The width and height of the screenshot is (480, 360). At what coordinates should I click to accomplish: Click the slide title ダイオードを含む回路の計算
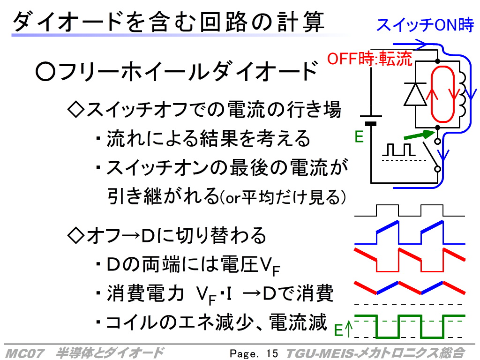click(x=168, y=22)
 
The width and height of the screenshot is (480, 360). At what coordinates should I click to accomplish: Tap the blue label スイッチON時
click(x=425, y=25)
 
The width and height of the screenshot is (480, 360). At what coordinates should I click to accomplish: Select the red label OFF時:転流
click(x=370, y=59)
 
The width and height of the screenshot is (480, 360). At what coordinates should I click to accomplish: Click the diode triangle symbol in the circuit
click(x=415, y=94)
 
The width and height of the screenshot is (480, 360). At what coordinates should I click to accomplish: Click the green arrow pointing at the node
click(x=419, y=135)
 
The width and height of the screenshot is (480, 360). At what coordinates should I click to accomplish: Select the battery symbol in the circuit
click(x=371, y=120)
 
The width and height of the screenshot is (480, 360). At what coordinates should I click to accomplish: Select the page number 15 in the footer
click(x=272, y=353)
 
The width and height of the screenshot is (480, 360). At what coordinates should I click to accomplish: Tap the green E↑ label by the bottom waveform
click(x=343, y=330)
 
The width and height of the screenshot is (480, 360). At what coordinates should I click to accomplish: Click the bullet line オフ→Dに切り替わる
click(x=166, y=235)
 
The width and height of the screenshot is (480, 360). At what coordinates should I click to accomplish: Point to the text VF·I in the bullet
click(x=214, y=294)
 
